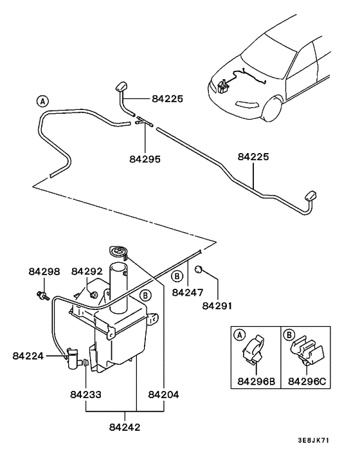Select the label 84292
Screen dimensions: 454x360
[87, 272]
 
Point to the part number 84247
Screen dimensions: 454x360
[188, 293]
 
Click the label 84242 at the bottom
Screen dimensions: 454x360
[124, 426]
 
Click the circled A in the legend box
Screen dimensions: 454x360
[239, 335]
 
